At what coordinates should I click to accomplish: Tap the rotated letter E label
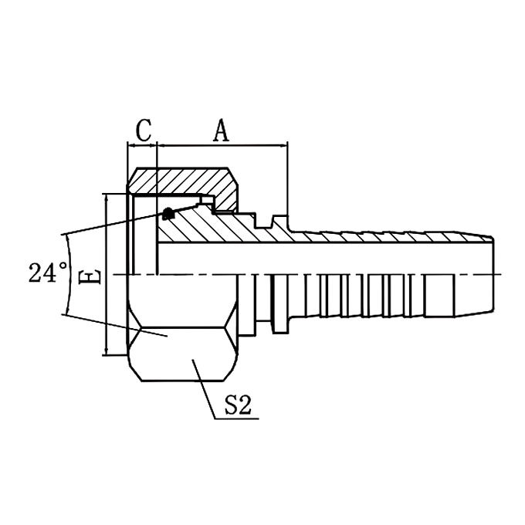tap(91, 276)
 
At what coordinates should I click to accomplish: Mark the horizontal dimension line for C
tap(142, 144)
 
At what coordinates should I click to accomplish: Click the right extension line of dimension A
tap(287, 178)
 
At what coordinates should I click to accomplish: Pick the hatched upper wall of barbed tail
tap(386, 235)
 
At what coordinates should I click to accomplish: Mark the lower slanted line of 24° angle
tap(116, 325)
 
